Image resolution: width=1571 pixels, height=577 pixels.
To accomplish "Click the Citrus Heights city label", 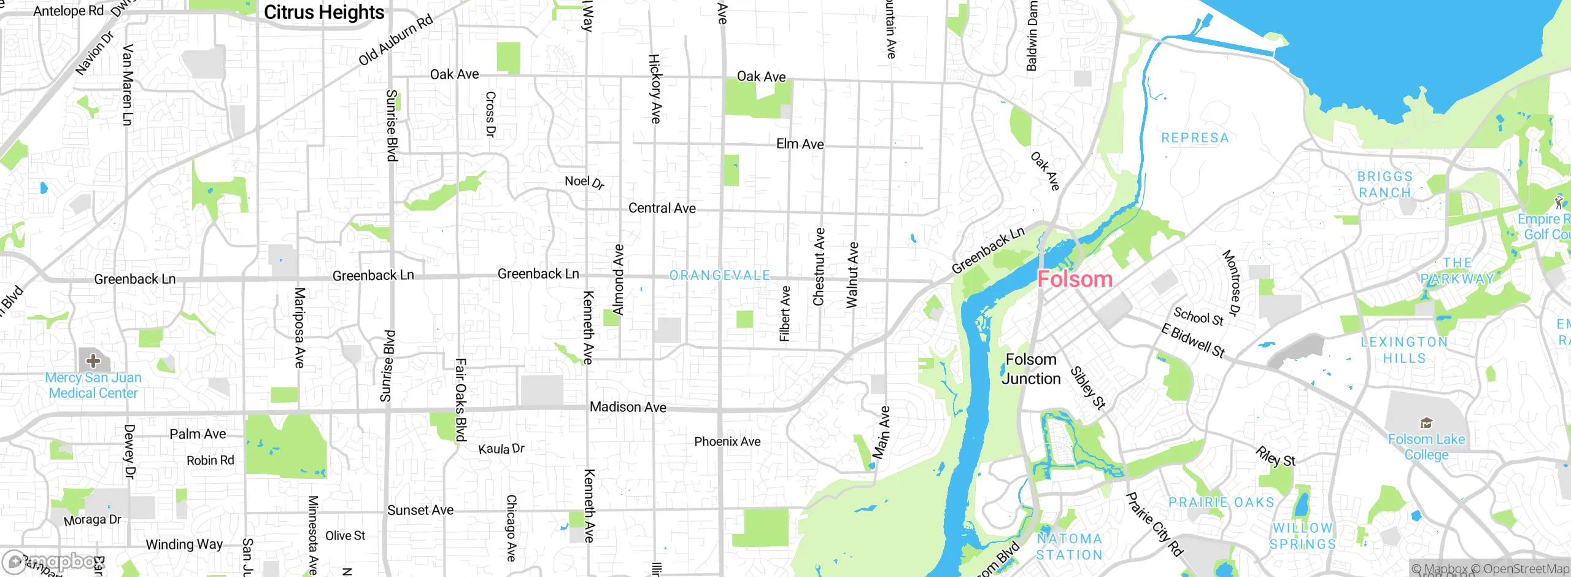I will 324,12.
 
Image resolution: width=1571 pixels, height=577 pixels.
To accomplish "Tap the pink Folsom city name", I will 1075,279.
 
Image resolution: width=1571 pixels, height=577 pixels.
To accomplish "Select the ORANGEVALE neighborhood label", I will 719,276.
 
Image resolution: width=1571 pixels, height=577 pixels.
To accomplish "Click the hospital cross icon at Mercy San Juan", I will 93,360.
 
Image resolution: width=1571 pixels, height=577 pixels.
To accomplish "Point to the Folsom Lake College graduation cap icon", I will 1426,423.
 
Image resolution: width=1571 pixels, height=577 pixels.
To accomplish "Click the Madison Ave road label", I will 628,407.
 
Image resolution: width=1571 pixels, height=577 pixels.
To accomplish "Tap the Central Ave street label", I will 662,208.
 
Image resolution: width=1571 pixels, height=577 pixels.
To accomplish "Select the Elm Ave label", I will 800,144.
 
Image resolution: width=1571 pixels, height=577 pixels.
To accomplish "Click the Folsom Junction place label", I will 1031,369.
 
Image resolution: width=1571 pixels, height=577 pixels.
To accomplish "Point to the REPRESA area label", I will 1195,138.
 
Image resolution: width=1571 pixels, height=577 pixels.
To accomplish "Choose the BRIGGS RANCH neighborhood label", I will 1384,185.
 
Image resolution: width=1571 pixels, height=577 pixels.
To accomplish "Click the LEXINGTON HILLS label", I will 1404,350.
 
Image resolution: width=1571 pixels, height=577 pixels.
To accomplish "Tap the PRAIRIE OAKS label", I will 1221,502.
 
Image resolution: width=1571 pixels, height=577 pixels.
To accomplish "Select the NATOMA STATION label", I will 1069,546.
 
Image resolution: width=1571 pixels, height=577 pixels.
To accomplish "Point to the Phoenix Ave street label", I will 727,441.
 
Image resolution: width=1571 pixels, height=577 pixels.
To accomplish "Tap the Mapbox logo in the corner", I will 49,562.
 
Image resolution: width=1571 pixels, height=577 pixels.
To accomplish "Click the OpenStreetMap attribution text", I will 1524,569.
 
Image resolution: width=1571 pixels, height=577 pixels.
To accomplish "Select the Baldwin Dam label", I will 1032,36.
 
